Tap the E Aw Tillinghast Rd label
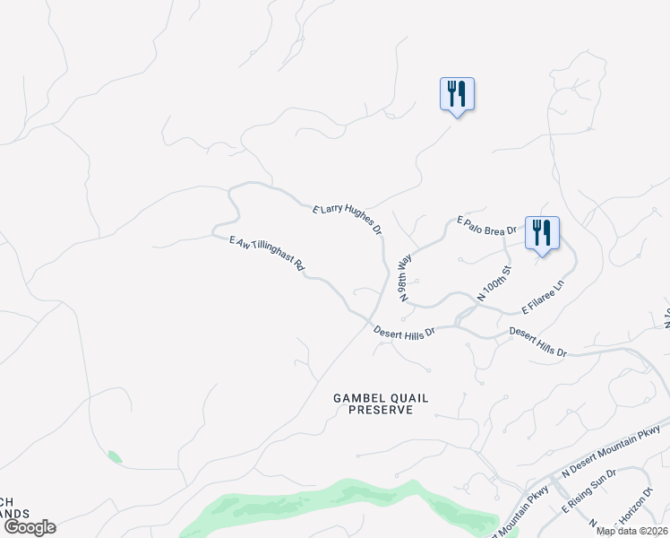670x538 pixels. coord(268,254)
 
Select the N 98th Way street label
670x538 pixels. coord(406,276)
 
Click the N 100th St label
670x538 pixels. coord(494,282)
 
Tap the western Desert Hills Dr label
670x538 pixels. coord(404,332)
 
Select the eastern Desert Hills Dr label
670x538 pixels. coord(538,343)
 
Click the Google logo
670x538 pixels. coord(29,527)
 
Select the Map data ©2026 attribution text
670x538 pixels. coord(631,531)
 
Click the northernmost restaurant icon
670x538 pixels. coord(457,94)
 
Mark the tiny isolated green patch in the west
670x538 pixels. coord(114,456)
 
